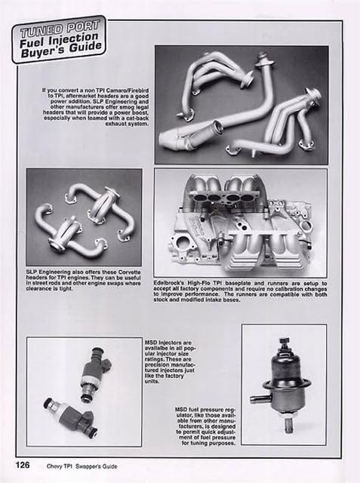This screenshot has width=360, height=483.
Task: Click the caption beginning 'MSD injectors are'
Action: tap(171, 363)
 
